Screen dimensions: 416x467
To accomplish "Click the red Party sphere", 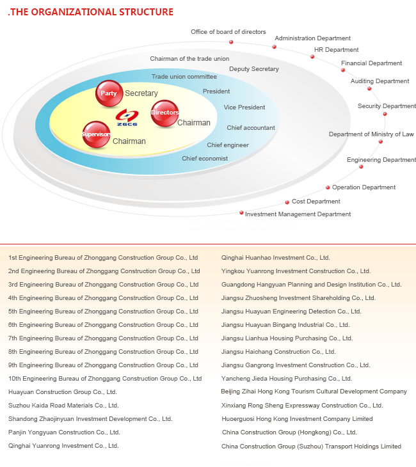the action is click(109, 93).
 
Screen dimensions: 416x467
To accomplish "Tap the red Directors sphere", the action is click(164, 113).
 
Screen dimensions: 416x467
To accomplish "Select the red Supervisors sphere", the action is click(96, 134).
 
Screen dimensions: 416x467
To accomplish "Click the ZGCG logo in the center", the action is click(127, 117).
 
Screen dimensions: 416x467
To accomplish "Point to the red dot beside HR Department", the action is click(312, 56).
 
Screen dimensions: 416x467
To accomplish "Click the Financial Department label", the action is click(371, 63).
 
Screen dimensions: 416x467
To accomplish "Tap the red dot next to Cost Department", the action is click(287, 203).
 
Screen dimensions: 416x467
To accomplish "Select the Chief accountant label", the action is click(251, 128).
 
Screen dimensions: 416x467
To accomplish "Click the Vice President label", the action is click(244, 107).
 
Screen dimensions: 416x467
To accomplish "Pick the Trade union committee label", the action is click(184, 77).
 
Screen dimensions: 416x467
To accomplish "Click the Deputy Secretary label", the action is click(254, 69).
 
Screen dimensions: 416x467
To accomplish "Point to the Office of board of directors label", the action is click(228, 32).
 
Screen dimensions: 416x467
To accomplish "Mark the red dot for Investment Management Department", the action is click(241, 212).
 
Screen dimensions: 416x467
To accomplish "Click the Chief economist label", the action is click(205, 159).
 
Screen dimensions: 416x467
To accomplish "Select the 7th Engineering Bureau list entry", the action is click(103, 338).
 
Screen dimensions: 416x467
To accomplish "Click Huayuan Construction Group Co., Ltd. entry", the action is click(63, 392).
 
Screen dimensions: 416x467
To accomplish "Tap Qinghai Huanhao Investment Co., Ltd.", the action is click(276, 258).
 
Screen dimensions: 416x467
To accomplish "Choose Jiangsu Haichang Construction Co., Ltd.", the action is click(278, 352).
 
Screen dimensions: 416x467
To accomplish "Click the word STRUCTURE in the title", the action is click(146, 12).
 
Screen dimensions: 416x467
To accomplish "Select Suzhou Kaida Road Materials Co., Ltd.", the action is click(63, 406).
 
